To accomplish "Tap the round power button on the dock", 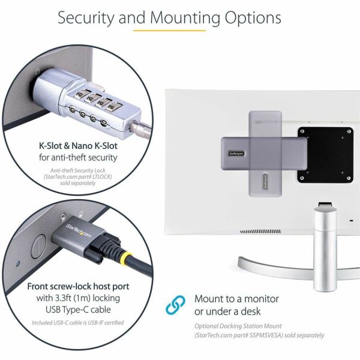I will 39,244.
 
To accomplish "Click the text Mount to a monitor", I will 236,298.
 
